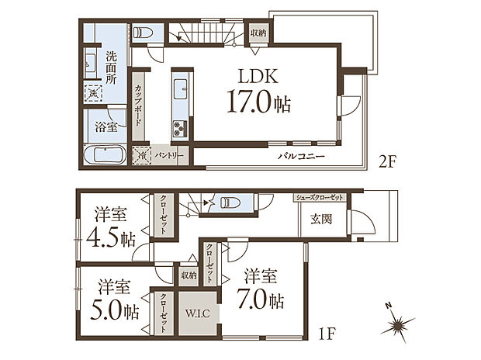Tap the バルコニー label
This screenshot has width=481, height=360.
pos(302,157)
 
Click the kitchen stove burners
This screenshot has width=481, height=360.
pos(179,129)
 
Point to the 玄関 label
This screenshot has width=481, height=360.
pos(321,219)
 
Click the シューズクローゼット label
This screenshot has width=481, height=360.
pos(318,198)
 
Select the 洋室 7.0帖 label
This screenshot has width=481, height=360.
pos(260,289)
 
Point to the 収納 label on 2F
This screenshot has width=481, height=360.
pos(258,33)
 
